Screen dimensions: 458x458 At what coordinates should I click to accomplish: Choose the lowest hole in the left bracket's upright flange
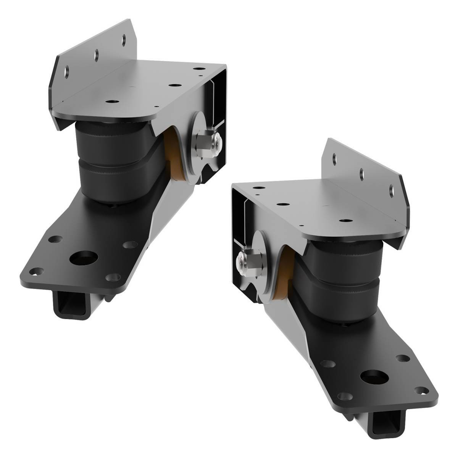tap(68, 71)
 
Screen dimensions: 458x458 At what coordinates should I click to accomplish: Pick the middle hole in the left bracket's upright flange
tap(97, 54)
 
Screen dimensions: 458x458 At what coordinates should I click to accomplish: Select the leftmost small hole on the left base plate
tap(35, 272)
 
